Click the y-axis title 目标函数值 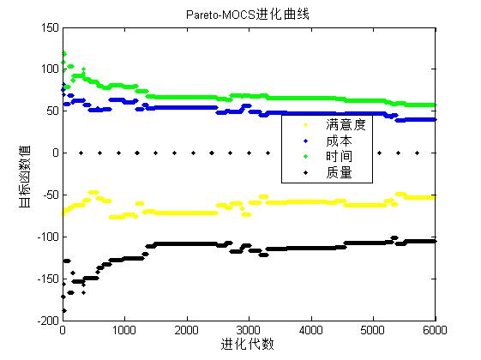click(x=25, y=175)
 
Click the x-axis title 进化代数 click(x=248, y=345)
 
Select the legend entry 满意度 click(x=346, y=125)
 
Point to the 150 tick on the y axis click(x=48, y=27)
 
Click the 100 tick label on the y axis click(x=48, y=69)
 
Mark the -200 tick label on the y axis click(x=45, y=321)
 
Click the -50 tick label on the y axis click(x=48, y=195)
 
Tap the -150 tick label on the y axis click(x=45, y=279)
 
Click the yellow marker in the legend click(x=305, y=125)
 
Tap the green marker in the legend click(x=305, y=156)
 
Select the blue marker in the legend click(x=305, y=141)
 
